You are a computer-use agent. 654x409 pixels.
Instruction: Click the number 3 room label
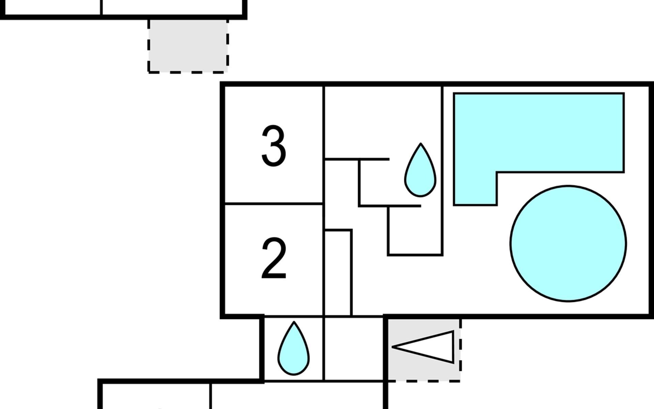tap(274, 146)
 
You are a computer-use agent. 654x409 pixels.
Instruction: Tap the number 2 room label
tap(274, 258)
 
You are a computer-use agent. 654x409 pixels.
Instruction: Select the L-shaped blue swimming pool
tap(539, 149)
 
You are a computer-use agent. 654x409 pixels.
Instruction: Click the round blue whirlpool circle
tap(568, 243)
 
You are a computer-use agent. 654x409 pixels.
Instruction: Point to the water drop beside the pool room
tap(420, 170)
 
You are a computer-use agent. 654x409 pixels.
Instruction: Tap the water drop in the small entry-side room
tap(294, 348)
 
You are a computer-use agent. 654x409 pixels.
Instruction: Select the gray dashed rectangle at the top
tap(188, 46)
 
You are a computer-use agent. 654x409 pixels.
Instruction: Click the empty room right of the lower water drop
tap(354, 349)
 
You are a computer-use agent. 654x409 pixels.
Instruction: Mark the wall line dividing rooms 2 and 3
tap(274, 204)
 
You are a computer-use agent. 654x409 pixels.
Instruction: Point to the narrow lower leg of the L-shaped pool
tap(475, 188)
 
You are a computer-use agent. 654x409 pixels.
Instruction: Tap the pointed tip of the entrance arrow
tap(392, 347)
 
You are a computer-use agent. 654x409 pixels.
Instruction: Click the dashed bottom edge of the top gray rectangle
tap(188, 72)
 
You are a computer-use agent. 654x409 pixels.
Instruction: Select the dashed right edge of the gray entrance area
tap(461, 350)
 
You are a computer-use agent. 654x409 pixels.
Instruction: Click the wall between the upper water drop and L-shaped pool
tap(442, 170)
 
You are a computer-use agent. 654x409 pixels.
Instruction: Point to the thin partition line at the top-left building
tap(101, 7)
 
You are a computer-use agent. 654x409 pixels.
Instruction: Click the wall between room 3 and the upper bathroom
tap(323, 145)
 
